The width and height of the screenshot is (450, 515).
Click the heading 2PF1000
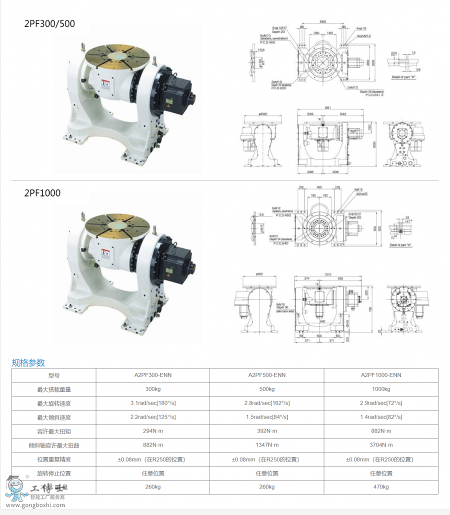coord(42,193)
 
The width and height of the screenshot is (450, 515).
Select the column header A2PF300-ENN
coord(152,375)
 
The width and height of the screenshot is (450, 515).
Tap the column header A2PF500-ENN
coord(266,375)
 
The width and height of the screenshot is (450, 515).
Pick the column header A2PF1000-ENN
coord(381,375)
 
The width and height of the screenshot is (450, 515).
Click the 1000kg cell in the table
coord(381,389)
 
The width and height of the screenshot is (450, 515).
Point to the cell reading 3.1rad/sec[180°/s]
coord(152,403)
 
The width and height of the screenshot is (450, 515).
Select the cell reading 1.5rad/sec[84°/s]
coord(266,417)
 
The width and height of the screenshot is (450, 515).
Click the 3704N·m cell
coord(381,445)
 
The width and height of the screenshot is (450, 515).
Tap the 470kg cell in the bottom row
coord(381,487)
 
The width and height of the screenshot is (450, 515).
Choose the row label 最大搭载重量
coord(53,389)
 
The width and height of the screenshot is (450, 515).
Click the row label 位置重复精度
coord(53,459)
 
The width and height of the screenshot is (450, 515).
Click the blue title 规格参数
coord(28,362)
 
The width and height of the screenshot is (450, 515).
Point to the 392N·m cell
coord(266,431)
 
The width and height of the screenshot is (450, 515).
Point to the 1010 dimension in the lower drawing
coord(327,274)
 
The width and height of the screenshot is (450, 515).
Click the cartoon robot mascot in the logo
coord(16,487)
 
